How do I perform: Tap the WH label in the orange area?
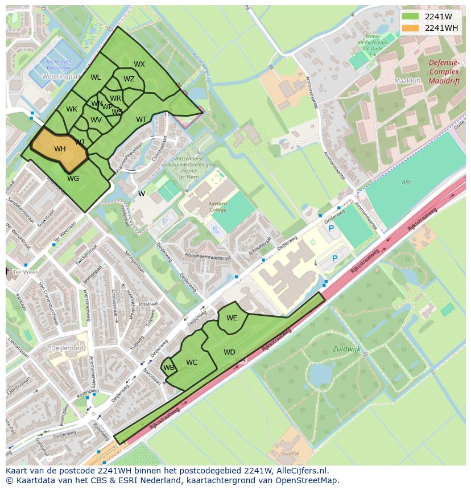tap(60, 149)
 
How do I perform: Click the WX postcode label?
tap(139, 64)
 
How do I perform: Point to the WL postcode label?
tap(96, 77)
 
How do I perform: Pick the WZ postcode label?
tap(129, 79)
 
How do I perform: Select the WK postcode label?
tap(71, 109)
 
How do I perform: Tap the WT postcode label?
tap(141, 120)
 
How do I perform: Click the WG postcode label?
tap(73, 179)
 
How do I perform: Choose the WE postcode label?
tap(232, 318)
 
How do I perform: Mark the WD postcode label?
tap(229, 352)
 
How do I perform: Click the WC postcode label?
tap(192, 363)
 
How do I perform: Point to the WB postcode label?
tap(168, 368)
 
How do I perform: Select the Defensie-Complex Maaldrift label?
tap(444, 72)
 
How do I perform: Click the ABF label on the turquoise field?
tap(406, 183)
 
